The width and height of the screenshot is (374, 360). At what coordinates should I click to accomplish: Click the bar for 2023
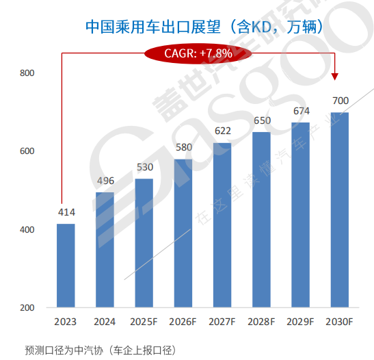point(66,266)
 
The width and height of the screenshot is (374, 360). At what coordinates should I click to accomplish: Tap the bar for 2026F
point(183,233)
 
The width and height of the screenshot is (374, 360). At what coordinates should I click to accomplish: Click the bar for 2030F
point(340,210)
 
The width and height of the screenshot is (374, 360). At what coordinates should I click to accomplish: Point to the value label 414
point(66,213)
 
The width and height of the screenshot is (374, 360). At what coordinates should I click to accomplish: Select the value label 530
point(144,167)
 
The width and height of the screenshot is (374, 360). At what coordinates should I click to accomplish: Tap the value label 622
point(222,131)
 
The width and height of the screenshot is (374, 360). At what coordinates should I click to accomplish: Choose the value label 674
point(301,111)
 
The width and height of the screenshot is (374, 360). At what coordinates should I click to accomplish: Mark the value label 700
point(340,101)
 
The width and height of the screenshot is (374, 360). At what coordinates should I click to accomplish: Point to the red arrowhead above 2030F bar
point(335,77)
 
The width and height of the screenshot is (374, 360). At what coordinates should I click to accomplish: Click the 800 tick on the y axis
point(27,73)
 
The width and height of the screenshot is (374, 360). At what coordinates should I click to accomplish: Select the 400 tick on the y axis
point(27,230)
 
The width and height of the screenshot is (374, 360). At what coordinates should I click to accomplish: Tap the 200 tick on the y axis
point(27,308)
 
